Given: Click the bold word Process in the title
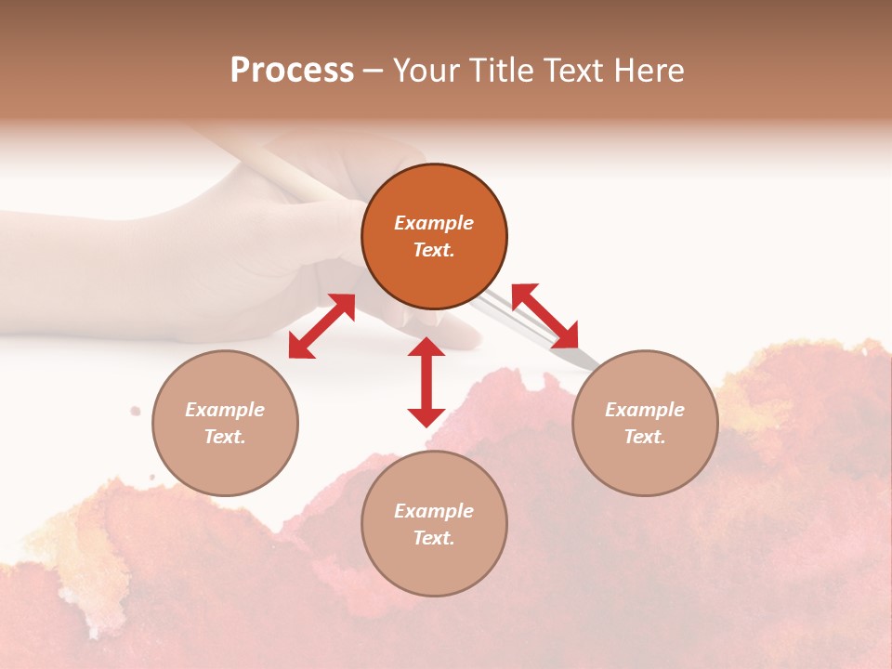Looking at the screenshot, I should coord(292,71).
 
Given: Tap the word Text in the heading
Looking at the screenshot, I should coord(571,71).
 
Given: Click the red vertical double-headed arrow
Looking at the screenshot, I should coord(426,382).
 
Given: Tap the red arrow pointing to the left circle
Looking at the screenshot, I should coord(321,326).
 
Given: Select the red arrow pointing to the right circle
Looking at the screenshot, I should coord(544,316).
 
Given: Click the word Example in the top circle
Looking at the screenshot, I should coord(434,223).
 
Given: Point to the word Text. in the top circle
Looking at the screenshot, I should coord(434,250).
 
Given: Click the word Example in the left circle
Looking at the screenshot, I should coord(225,410).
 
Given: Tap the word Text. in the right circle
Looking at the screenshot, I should coord(645,437).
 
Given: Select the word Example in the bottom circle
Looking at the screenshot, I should coord(434,511).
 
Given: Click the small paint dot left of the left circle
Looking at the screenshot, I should coord(136,410).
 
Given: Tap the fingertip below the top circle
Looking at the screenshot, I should coord(465,339).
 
